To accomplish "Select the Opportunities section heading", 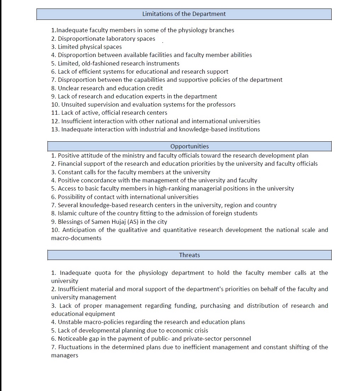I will pos(190,146).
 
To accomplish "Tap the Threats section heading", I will pos(190,255).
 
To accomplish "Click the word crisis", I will pos(200,330).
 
